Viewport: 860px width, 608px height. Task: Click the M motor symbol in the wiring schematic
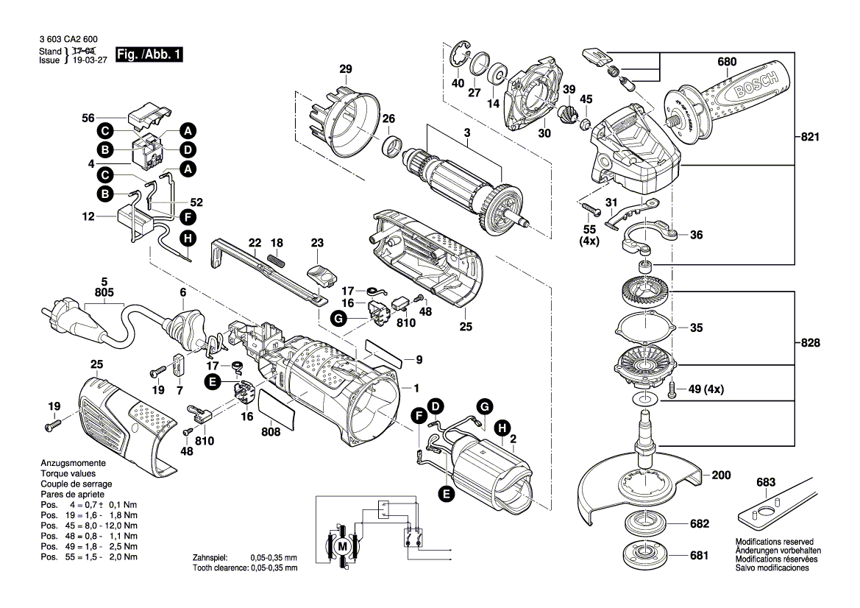click(x=341, y=546)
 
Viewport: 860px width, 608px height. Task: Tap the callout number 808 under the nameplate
click(x=271, y=432)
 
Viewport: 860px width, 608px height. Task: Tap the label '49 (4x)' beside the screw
click(x=703, y=389)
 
